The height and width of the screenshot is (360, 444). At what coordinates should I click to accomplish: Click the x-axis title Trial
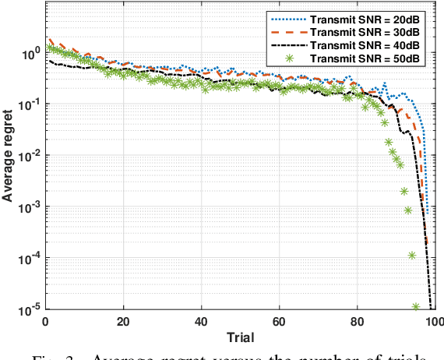[240, 337]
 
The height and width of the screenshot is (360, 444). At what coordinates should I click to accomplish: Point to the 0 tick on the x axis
[47, 321]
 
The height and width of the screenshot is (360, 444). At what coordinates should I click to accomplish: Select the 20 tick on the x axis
[124, 321]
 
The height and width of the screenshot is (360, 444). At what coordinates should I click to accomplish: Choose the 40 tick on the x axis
[202, 321]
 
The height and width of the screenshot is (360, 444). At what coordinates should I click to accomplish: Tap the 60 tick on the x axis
[279, 321]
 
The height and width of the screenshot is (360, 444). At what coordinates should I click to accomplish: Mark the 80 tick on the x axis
[357, 321]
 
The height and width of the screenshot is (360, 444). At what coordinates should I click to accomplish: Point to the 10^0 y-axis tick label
[31, 53]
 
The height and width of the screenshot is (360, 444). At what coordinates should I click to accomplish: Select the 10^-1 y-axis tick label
[30, 104]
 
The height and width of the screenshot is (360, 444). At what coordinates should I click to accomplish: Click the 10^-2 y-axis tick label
[30, 156]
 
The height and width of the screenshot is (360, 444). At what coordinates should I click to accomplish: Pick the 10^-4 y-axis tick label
[30, 259]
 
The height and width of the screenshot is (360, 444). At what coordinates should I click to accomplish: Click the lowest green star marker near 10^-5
[416, 307]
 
